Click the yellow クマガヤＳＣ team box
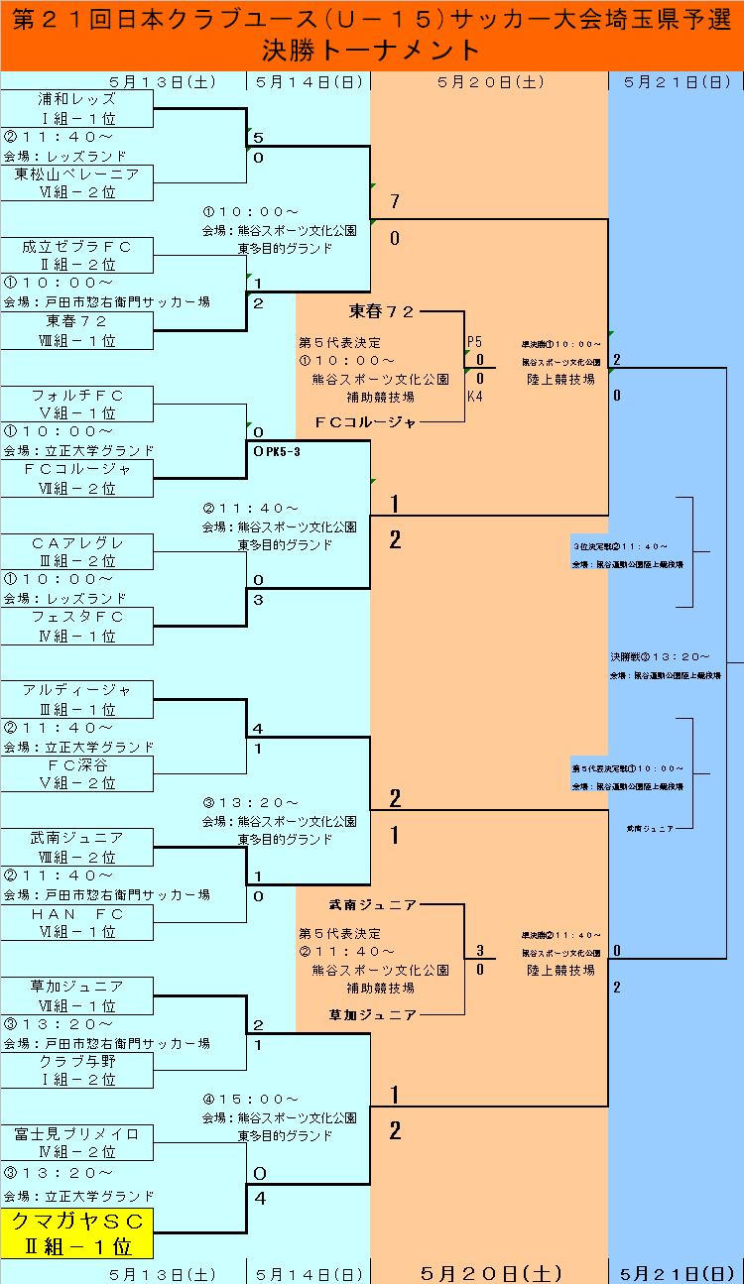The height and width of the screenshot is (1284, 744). [x=77, y=1232]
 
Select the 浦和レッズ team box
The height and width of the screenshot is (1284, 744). [x=77, y=109]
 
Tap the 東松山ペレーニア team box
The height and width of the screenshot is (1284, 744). [x=77, y=183]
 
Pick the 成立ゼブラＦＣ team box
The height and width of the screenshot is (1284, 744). [x=77, y=256]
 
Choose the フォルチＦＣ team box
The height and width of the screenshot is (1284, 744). [x=77, y=405]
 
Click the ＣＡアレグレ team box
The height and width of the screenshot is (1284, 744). [x=77, y=552]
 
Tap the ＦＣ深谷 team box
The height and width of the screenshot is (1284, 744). [x=77, y=774]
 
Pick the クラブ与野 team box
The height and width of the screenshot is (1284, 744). [x=77, y=1070]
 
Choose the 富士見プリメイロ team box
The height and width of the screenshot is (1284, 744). [x=77, y=1143]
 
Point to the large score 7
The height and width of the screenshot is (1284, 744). [x=395, y=202]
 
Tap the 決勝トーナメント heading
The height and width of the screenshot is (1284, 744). [x=372, y=51]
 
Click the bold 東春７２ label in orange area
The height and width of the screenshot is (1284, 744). [x=381, y=311]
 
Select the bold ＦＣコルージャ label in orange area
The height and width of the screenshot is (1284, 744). [x=366, y=422]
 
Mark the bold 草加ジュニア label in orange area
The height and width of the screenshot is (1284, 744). [x=373, y=1014]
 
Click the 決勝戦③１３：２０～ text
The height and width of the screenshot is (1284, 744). [x=660, y=656]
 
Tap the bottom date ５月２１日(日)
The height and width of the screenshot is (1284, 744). [x=676, y=1273]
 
